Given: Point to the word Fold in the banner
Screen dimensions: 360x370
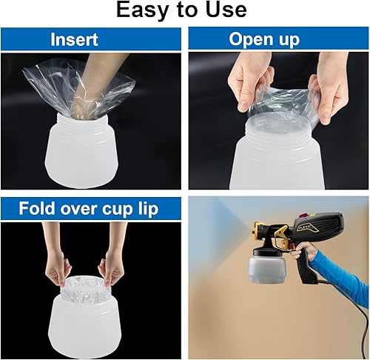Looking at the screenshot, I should coord(38,210).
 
